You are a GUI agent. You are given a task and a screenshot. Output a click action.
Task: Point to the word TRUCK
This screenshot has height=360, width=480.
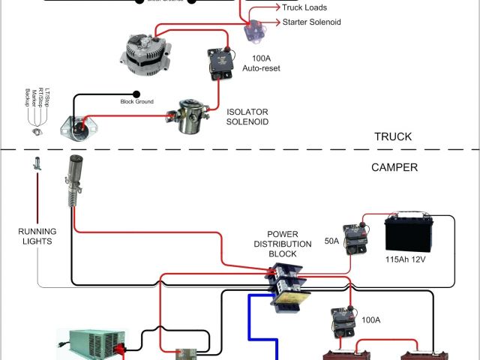pyautogui.click(x=393, y=137)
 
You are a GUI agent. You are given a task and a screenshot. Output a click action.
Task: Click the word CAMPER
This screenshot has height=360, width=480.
pyautogui.click(x=394, y=167)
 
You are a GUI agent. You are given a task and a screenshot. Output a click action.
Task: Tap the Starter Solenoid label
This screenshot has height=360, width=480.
pyautogui.click(x=311, y=22)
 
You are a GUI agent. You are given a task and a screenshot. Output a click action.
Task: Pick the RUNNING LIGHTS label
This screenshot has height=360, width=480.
pyautogui.click(x=36, y=235)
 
